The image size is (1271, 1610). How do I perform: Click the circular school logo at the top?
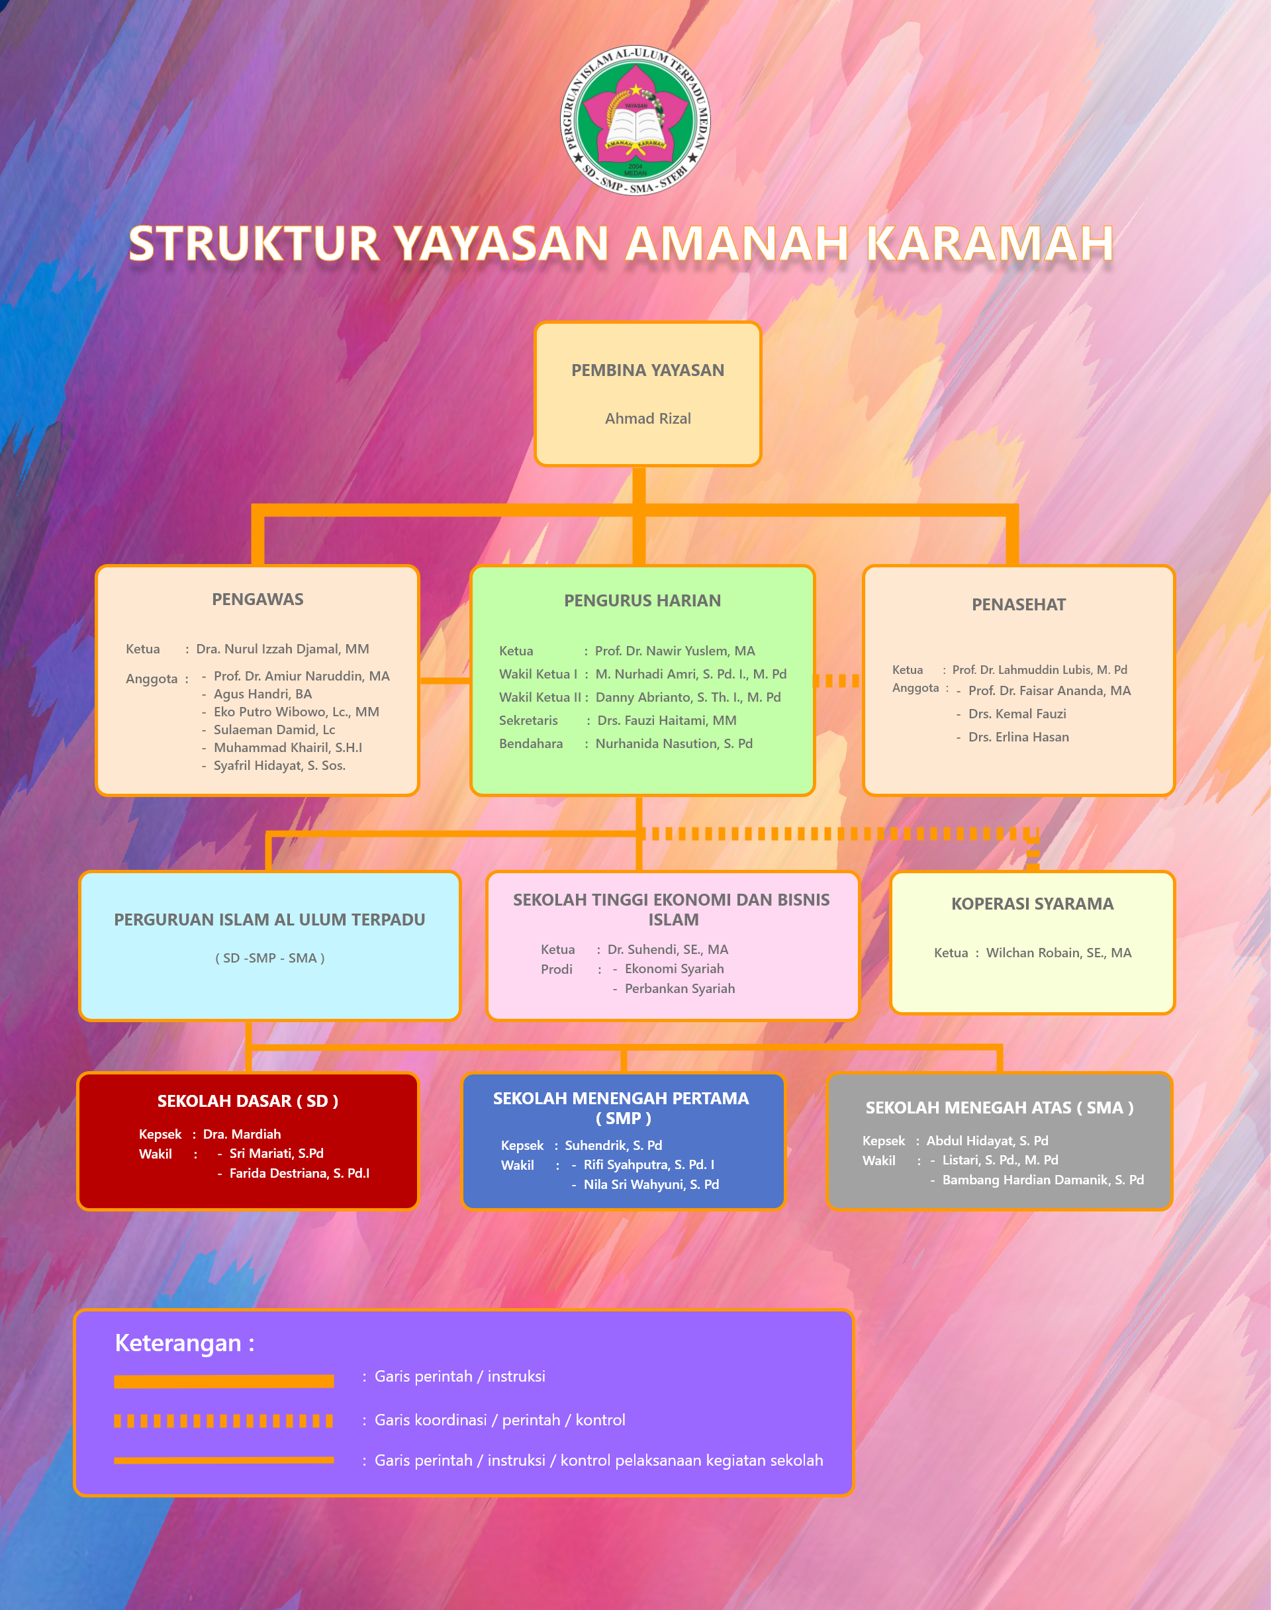635,120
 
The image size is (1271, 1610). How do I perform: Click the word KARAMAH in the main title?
989,243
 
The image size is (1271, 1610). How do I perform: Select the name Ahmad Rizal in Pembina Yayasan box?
647,419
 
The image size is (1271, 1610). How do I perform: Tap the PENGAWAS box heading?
258,600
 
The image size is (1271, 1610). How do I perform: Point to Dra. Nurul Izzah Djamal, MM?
283,649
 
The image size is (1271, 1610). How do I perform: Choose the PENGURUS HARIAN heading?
642,601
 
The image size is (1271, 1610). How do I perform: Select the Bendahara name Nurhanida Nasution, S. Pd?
674,743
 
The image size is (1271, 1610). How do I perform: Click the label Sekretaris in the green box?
528,720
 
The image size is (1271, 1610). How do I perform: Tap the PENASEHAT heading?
1019,605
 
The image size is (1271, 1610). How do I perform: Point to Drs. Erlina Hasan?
1019,737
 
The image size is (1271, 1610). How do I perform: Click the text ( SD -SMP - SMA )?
270,959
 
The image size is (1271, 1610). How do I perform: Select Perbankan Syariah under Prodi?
680,989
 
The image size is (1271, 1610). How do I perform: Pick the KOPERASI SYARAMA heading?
1032,904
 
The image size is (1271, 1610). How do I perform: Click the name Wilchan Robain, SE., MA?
1059,953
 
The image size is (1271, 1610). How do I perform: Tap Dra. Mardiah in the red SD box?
242,1134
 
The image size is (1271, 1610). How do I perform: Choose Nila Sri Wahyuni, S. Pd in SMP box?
651,1184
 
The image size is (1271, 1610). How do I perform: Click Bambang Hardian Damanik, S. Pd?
1043,1180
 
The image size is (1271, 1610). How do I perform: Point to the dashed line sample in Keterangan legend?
223,1421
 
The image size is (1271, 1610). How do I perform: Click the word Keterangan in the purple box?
178,1344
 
